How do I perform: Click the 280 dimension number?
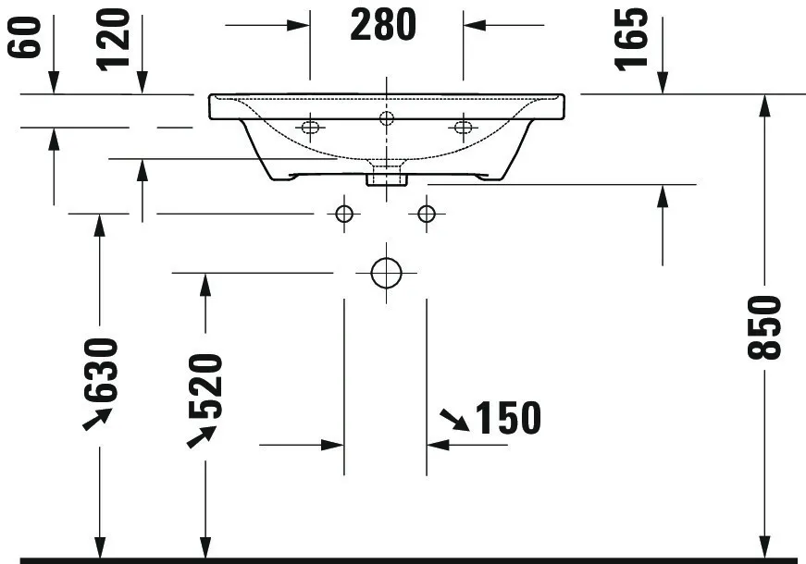click(383, 25)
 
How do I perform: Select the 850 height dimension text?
click(767, 327)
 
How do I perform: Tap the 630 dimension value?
click(101, 370)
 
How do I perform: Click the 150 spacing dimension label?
click(507, 418)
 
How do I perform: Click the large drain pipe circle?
click(385, 273)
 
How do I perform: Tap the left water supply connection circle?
click(344, 215)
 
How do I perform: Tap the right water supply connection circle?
click(426, 215)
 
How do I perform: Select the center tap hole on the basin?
click(386, 117)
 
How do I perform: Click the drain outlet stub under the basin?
click(386, 177)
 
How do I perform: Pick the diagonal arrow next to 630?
click(96, 418)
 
